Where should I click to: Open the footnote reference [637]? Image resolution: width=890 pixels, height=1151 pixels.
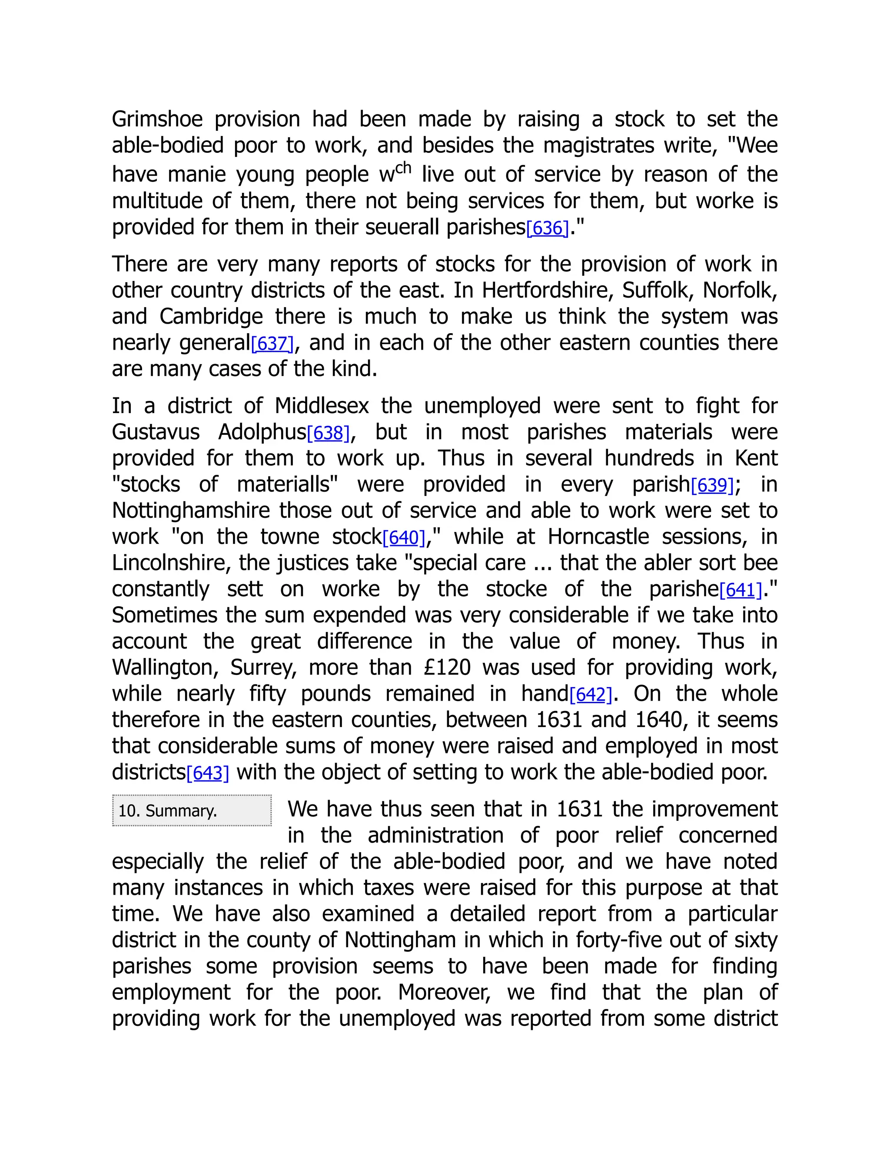[x=272, y=344]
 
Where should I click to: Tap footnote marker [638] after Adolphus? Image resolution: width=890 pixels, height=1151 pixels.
[x=329, y=433]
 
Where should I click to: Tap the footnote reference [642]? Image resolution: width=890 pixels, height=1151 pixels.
[x=591, y=695]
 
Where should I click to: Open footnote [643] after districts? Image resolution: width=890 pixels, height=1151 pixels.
[x=208, y=773]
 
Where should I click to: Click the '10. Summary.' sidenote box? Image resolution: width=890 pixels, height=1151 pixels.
[x=192, y=810]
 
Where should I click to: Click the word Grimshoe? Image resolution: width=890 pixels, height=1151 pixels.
[x=157, y=119]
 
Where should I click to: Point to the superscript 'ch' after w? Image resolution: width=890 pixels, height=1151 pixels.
[x=403, y=168]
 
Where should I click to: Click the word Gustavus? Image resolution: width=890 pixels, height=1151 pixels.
[x=156, y=432]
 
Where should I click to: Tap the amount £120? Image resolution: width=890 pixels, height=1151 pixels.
[x=447, y=668]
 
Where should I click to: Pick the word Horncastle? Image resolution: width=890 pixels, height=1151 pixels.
[x=598, y=537]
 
